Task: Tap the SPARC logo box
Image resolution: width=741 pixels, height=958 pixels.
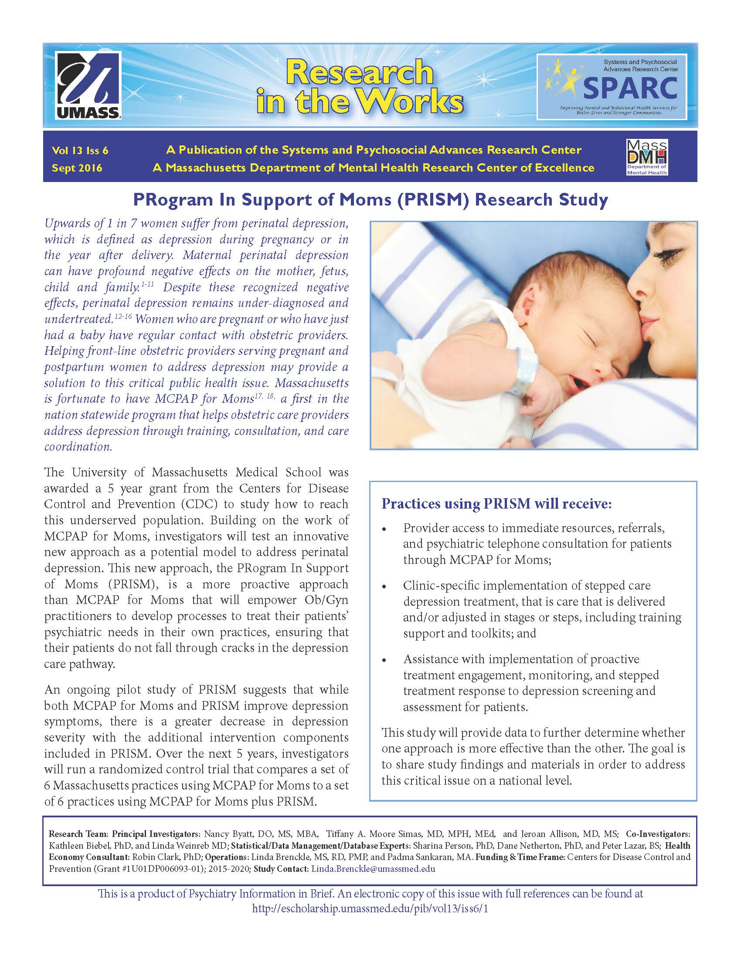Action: click(612, 86)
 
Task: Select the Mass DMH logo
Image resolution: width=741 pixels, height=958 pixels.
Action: click(646, 158)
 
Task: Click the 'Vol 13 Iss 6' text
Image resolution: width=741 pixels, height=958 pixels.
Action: click(80, 151)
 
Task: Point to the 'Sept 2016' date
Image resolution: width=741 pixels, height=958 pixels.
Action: click(77, 168)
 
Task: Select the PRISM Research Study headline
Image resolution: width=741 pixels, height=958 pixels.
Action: click(370, 200)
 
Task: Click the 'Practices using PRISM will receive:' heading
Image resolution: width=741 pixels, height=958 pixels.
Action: click(496, 503)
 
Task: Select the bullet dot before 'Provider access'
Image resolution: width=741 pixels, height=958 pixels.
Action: click(385, 530)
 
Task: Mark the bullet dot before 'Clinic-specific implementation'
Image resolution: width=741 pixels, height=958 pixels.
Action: click(385, 587)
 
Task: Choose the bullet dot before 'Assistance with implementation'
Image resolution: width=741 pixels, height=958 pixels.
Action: click(385, 661)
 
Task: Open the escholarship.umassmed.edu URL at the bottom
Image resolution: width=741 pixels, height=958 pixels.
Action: click(370, 908)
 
